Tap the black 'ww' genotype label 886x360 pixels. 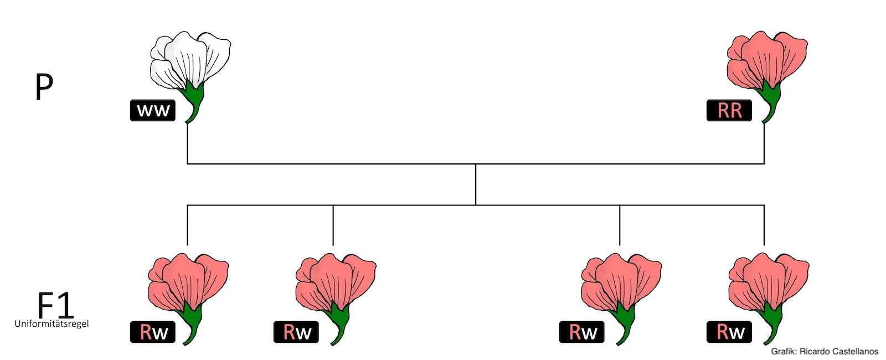pos(153,111)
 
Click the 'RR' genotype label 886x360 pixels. pos(729,111)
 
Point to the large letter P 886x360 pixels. pos(44,87)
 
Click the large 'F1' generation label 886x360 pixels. pos(55,304)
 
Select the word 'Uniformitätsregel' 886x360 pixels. pos(51,323)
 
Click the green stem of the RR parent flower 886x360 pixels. pos(771,100)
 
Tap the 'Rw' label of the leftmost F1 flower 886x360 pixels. pos(153,332)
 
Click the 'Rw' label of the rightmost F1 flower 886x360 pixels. pos(729,332)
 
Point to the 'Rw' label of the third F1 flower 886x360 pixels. pos(582,332)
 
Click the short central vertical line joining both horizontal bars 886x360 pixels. pos(476,184)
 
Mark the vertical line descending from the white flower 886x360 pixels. pos(188,144)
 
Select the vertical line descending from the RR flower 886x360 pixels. pos(764,144)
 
